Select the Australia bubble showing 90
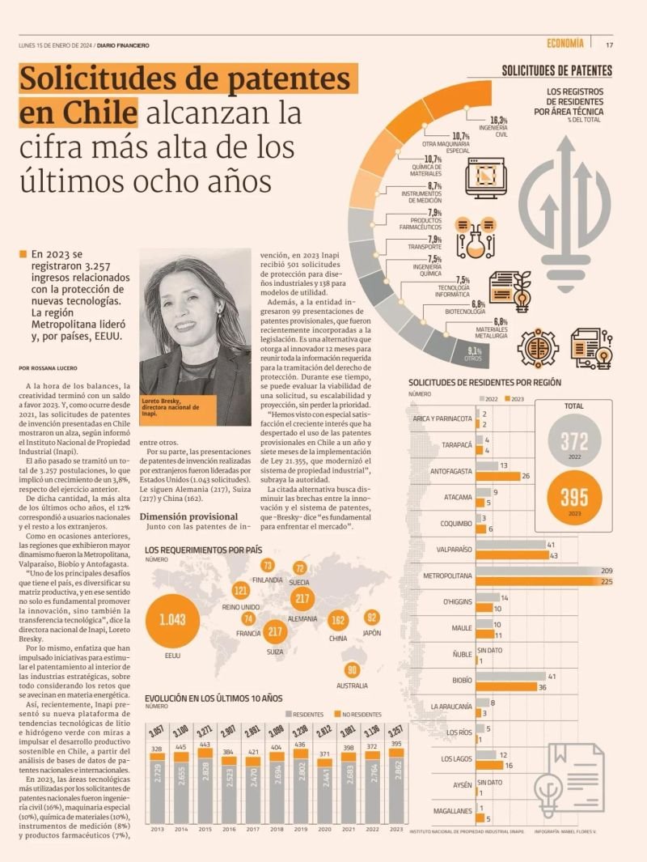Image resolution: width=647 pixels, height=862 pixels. pyautogui.click(x=351, y=670)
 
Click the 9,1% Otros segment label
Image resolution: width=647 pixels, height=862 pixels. pyautogui.click(x=474, y=352)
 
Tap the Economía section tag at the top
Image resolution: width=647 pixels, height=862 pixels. pyautogui.click(x=565, y=44)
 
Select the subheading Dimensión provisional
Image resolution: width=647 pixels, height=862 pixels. pyautogui.click(x=188, y=516)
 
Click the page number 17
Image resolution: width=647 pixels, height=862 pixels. pyautogui.click(x=609, y=45)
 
